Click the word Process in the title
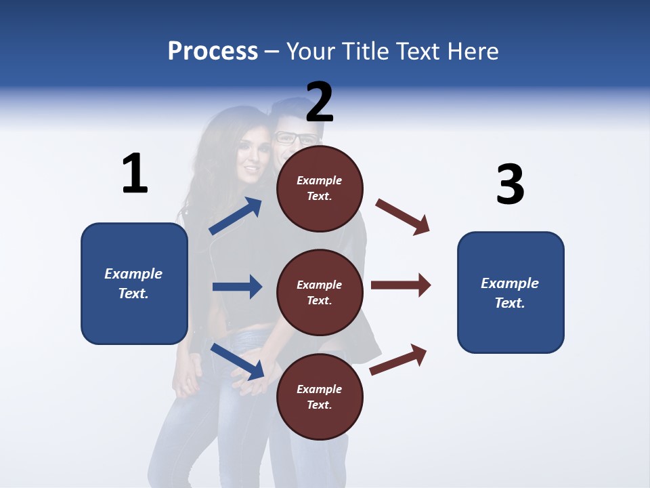click(213, 52)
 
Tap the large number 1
click(135, 174)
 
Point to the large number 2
click(320, 102)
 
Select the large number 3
click(510, 185)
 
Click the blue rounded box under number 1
click(134, 283)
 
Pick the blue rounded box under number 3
click(511, 293)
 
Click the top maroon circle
click(320, 188)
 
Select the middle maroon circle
click(320, 292)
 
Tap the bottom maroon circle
click(320, 396)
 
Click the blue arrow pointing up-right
click(236, 216)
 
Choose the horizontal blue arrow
click(237, 287)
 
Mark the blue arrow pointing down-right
click(238, 361)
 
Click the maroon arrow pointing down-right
click(403, 217)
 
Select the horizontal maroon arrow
click(401, 285)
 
